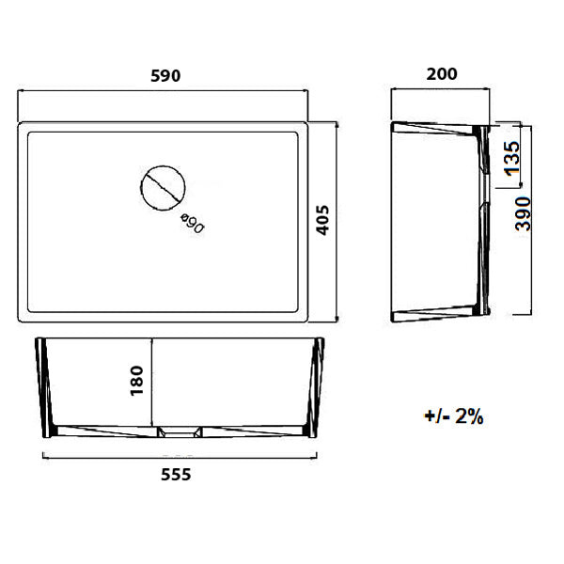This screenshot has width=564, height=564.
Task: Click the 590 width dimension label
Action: pos(164,75)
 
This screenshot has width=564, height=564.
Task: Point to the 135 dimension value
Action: pos(510,157)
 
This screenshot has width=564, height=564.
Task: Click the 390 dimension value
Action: pos(524,213)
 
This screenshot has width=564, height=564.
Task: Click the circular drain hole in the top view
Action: pos(163,188)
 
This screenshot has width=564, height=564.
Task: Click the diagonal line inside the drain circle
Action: pos(163,188)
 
